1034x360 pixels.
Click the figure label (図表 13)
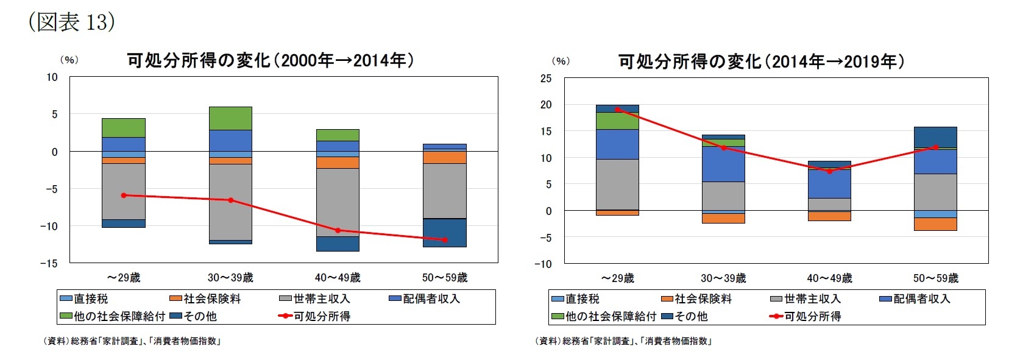click(71, 22)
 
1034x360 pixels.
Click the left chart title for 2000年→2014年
click(270, 60)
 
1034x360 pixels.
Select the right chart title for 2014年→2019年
click(761, 62)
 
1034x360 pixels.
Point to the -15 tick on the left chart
click(49, 263)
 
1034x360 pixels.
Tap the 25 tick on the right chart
click(545, 78)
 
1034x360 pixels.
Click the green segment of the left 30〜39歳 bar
click(230, 118)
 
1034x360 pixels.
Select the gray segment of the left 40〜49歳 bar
click(338, 202)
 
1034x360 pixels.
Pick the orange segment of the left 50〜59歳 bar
click(445, 157)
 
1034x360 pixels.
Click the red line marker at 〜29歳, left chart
click(124, 196)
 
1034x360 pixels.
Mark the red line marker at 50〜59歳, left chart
click(445, 240)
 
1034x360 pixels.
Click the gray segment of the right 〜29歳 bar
click(617, 184)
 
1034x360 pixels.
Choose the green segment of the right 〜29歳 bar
click(617, 121)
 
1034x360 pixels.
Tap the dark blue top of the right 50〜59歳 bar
click(936, 136)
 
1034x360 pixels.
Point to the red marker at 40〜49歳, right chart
click(829, 172)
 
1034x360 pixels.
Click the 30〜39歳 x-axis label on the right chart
click(723, 278)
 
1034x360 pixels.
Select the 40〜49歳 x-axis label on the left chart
click(338, 278)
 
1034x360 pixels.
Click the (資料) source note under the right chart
click(623, 341)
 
